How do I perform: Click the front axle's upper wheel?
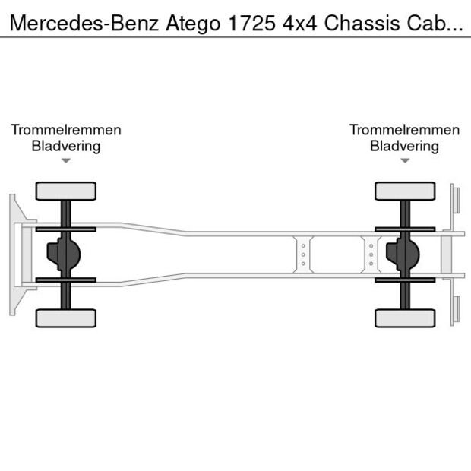pyautogui.click(x=66, y=191)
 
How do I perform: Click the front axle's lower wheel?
pyautogui.click(x=66, y=318)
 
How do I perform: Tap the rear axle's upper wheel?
pyautogui.click(x=405, y=191)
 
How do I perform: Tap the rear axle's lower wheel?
pyautogui.click(x=405, y=318)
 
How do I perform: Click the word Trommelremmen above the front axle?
pyautogui.click(x=66, y=130)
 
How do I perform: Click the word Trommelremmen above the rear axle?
pyautogui.click(x=405, y=130)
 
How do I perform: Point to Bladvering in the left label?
pyautogui.click(x=66, y=146)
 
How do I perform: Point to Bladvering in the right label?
pyautogui.click(x=405, y=146)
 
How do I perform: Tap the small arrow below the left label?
pyautogui.click(x=66, y=161)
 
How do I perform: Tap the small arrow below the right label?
pyautogui.click(x=405, y=161)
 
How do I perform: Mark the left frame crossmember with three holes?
pyautogui.click(x=302, y=254)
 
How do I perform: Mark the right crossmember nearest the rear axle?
pyautogui.click(x=371, y=254)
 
